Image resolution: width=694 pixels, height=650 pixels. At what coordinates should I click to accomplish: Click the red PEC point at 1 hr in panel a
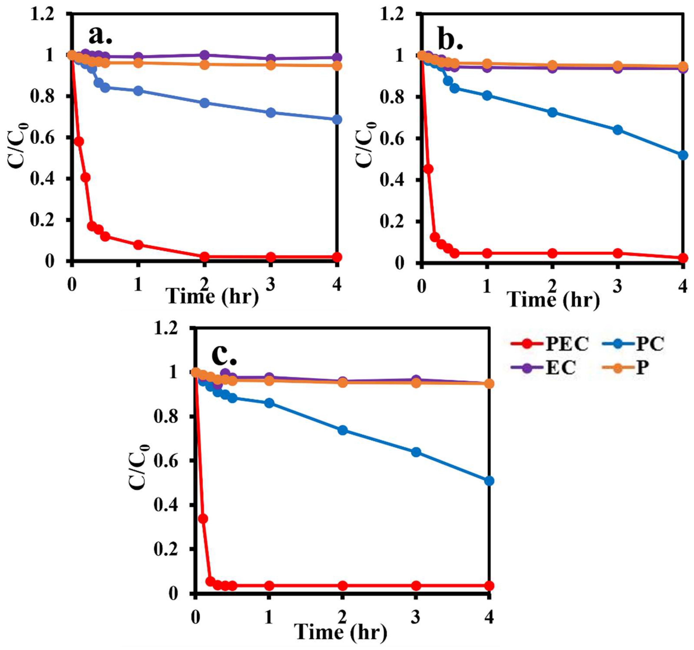(138, 245)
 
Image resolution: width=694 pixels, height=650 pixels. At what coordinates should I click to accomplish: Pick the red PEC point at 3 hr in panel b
(618, 253)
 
